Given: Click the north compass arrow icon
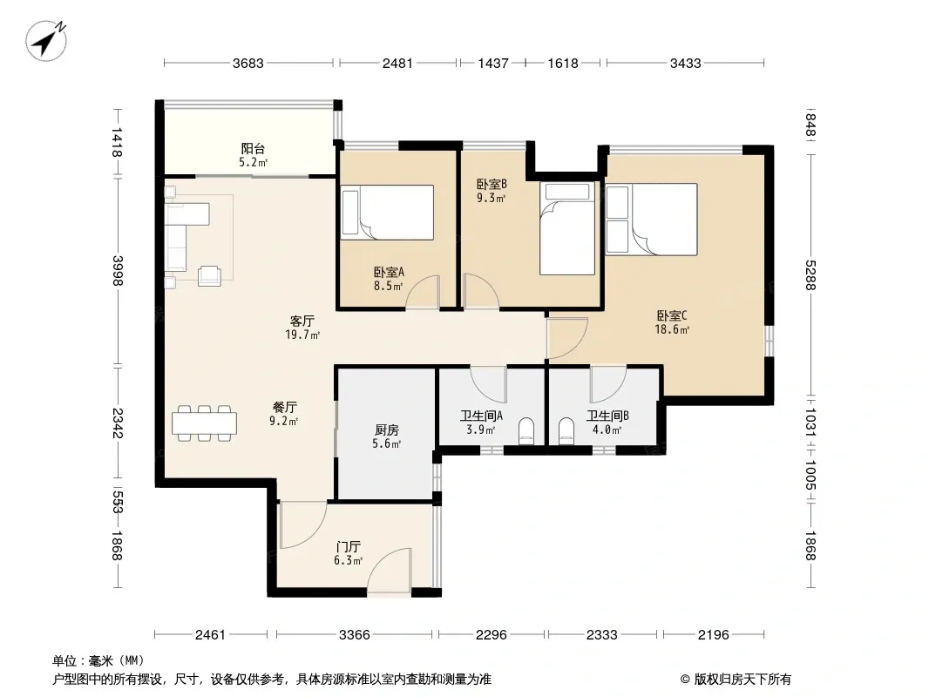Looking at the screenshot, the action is point(45,40).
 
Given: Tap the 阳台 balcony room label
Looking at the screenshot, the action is point(253,149).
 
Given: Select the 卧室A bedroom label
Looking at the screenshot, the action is point(389,273).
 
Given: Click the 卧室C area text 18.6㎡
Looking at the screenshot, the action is point(672,330).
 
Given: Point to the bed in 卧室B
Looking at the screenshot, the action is point(567,228).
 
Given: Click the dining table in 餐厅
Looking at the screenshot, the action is point(205,423).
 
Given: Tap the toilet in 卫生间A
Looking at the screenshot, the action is point(526,431).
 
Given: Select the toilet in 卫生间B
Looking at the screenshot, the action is point(566,431).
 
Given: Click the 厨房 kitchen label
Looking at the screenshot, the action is point(387,430).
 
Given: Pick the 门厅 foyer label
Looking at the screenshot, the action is point(348,546).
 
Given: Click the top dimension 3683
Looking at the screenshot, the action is point(248,64).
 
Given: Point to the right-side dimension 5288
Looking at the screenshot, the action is point(810,275).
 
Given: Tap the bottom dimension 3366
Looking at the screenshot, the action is point(355,635).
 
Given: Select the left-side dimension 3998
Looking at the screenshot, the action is point(118,271).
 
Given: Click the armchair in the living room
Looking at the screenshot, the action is point(209,276).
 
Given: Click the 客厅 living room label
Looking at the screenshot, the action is point(302,321).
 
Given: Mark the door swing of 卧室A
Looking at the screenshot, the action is point(423,292).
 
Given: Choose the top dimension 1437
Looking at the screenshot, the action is point(493,64).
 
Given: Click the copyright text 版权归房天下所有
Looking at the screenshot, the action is point(743,680).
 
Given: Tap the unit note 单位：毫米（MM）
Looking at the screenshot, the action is point(98,660).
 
